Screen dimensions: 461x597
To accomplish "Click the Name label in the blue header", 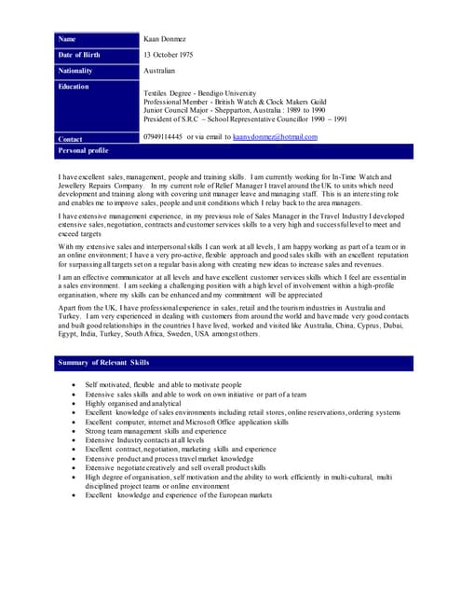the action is click(67, 39).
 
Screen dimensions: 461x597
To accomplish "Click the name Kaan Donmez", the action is click(164, 39).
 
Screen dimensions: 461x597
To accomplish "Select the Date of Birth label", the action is click(78, 55).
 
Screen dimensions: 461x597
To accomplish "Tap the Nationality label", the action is click(75, 71).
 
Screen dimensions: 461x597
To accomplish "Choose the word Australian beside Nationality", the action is click(159, 71).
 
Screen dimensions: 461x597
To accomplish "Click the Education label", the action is click(74, 87).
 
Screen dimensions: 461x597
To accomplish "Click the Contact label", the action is click(70, 138).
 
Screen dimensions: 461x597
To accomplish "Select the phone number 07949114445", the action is click(163, 137).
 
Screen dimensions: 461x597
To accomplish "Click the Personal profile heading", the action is click(83, 150).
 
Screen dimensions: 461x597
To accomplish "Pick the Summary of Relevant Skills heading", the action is click(102, 361).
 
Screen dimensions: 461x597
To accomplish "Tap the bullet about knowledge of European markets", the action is click(179, 495).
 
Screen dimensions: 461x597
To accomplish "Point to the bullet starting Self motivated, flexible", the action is click(163, 385).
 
